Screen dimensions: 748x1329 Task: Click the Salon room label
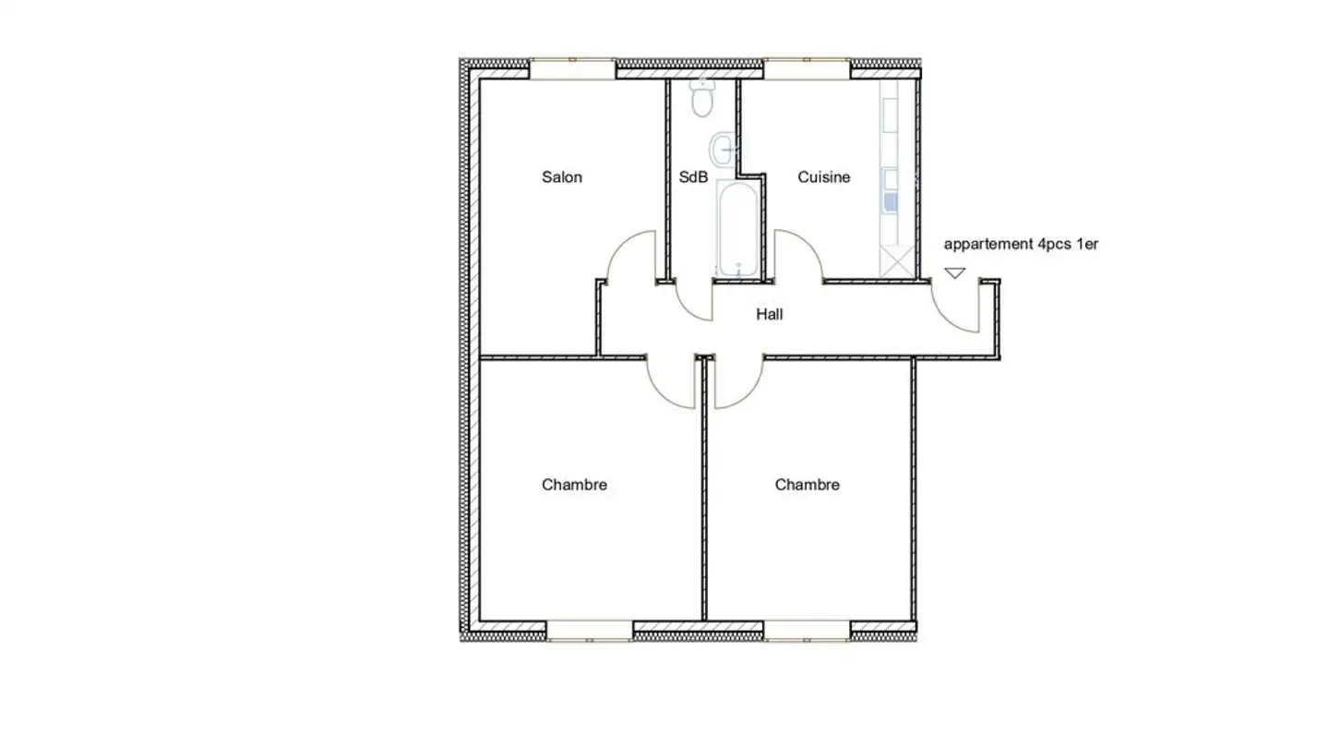tap(561, 177)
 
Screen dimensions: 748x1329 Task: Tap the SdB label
tap(693, 177)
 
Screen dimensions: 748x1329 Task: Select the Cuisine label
tap(823, 177)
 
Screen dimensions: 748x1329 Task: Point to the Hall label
tap(770, 315)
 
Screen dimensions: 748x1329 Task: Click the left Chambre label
tap(574, 485)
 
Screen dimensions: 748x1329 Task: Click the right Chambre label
tap(807, 485)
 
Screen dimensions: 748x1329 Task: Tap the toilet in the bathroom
tap(703, 100)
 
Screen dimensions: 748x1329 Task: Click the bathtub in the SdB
tap(738, 229)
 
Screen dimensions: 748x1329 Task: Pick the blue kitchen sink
tap(891, 201)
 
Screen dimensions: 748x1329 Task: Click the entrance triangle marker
tap(954, 273)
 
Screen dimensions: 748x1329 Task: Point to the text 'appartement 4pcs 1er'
tap(1021, 245)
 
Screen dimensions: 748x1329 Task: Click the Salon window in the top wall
tap(572, 69)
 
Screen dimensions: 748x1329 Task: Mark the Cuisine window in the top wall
tap(807, 69)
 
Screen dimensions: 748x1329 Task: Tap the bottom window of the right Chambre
tap(807, 630)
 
